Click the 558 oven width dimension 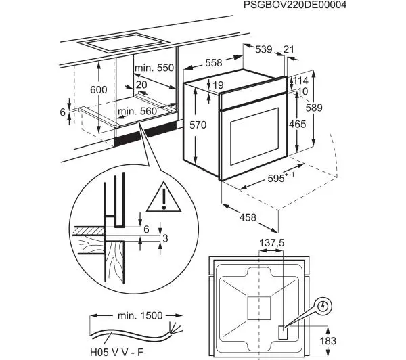[x=214, y=62]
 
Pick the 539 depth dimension [x=263, y=49]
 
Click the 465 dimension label [x=297, y=125]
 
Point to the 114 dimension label [x=301, y=81]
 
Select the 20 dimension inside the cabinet [x=141, y=85]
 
